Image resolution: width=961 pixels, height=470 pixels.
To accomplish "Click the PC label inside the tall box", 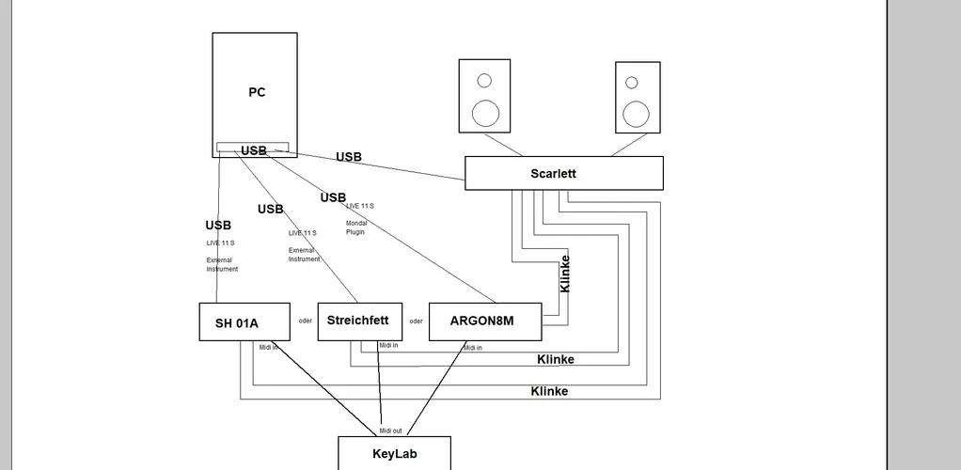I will click(x=257, y=92).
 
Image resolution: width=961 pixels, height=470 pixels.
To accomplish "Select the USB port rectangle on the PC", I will click(x=253, y=148).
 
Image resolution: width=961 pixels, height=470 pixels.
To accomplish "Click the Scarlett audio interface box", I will click(x=563, y=173).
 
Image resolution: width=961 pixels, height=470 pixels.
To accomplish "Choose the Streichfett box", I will click(x=360, y=321).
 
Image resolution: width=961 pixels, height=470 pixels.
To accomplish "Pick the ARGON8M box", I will click(x=484, y=321).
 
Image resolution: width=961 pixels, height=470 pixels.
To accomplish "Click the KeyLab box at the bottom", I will click(x=394, y=453).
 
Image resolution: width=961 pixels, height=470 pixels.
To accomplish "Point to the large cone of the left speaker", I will click(x=485, y=113).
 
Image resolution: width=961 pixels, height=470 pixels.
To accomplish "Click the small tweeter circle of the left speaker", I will click(x=484, y=81).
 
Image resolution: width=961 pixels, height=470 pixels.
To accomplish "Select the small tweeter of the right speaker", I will click(x=632, y=83).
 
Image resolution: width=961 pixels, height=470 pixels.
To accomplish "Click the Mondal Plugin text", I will click(x=356, y=227).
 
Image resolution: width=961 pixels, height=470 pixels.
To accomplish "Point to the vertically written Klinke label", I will click(x=565, y=274).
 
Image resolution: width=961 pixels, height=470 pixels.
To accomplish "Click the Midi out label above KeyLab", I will click(x=390, y=431).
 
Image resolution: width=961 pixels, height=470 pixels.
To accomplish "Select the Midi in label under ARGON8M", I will click(x=472, y=348).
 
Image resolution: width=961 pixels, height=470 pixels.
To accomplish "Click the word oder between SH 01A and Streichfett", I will click(x=306, y=321).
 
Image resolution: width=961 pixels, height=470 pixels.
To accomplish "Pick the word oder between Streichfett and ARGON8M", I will click(x=416, y=321).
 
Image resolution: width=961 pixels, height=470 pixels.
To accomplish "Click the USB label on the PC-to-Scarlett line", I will click(x=349, y=157).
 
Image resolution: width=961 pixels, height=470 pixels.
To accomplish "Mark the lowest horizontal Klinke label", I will click(x=549, y=391).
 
